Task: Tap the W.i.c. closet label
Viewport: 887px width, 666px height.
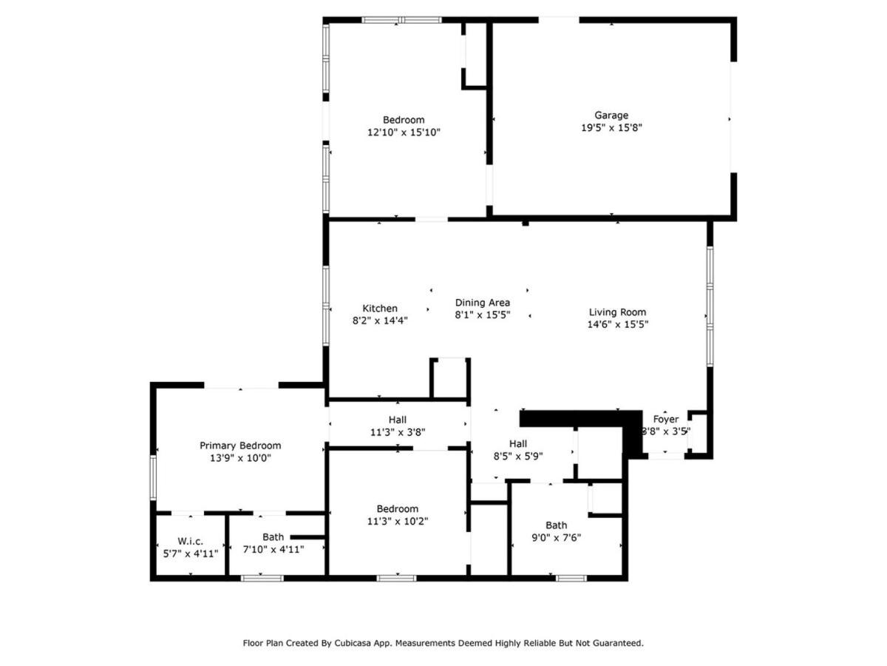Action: pos(190,541)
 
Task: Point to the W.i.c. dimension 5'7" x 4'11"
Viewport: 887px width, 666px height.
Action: pos(190,554)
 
